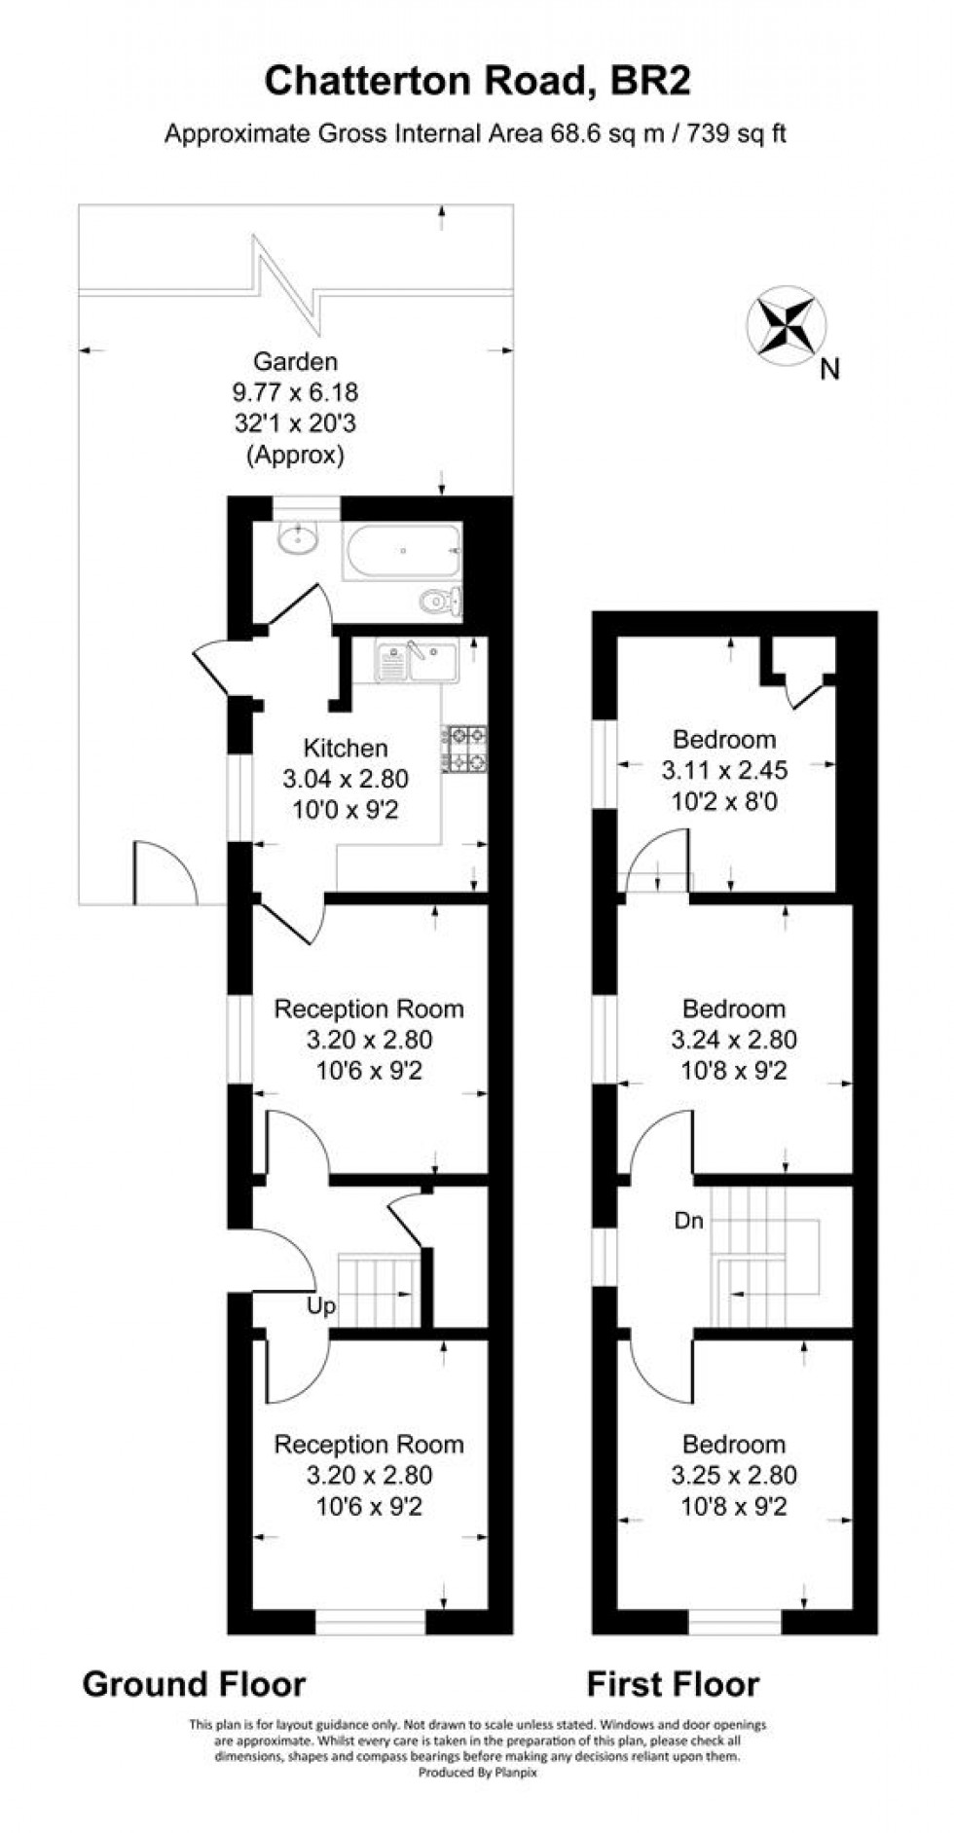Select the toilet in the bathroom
[442, 601]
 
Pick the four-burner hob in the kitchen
[467, 749]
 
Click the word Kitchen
[346, 748]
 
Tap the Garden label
[295, 362]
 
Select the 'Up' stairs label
[321, 1305]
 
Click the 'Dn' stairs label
[688, 1221]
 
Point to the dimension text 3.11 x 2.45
[724, 771]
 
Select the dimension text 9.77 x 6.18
[295, 392]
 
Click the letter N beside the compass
[829, 369]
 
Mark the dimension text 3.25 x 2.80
[734, 1475]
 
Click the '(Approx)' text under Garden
[295, 454]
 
